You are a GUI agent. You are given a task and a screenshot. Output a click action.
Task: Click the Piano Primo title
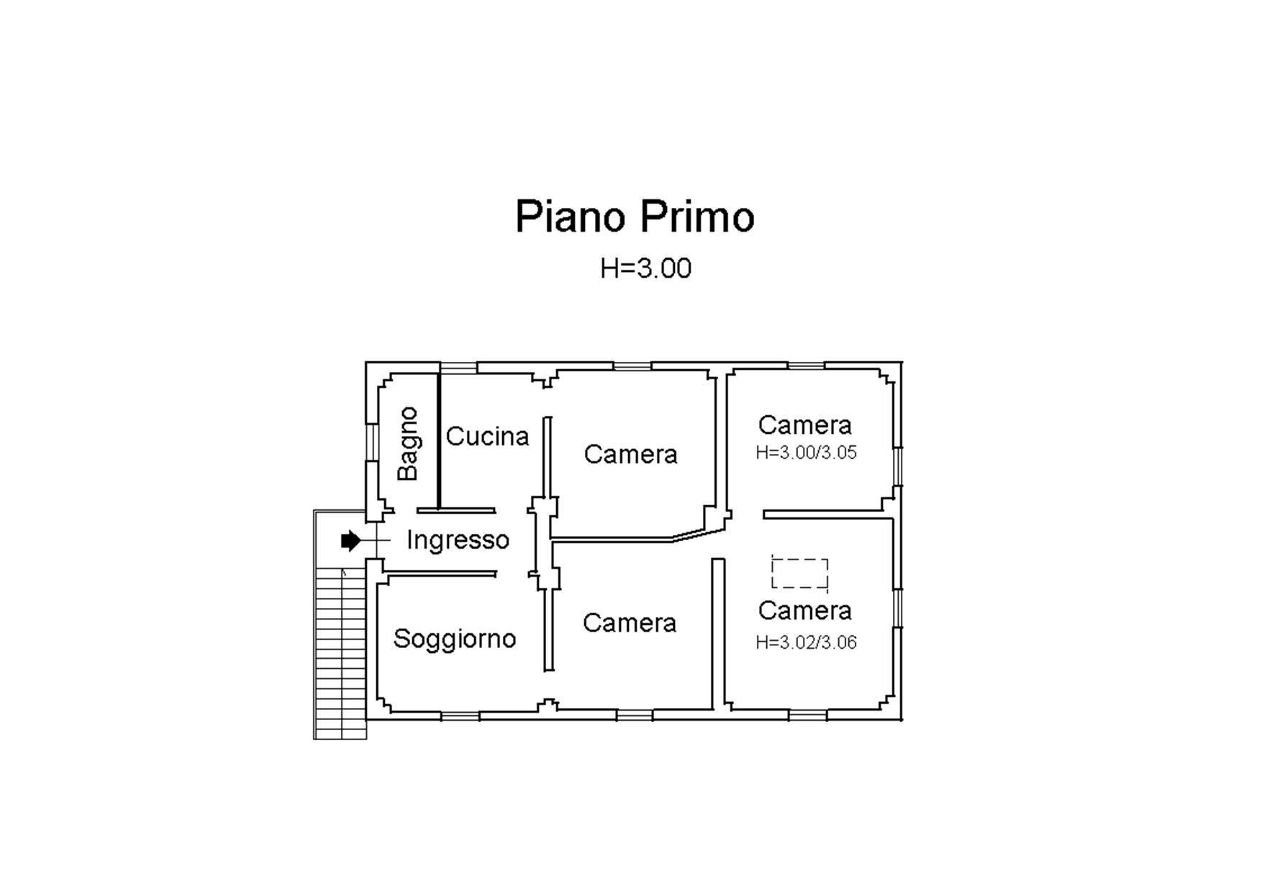coord(635,216)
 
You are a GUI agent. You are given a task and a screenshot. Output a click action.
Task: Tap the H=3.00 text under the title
coord(645,268)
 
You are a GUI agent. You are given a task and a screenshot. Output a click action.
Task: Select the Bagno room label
coord(408,443)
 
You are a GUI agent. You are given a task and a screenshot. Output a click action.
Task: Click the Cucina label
coord(487,436)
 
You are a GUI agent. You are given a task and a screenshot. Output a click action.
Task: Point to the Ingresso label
coord(458,540)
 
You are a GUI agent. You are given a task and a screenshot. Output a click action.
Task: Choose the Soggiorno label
coord(455,639)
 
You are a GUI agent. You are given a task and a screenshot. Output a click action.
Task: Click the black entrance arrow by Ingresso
coord(350,540)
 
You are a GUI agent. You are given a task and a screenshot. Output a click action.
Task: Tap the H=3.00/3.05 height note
coord(806,453)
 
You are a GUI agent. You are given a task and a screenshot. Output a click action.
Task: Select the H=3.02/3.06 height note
coord(806,642)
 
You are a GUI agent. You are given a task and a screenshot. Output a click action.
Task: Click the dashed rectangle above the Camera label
coord(799,573)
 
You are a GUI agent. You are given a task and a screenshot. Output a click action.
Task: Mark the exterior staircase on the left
coord(340,651)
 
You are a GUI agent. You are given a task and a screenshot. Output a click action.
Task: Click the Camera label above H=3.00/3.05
coord(804,425)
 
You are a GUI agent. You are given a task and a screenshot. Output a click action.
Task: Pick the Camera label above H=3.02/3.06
coord(804,611)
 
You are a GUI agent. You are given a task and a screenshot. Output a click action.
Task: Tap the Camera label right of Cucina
coord(630,454)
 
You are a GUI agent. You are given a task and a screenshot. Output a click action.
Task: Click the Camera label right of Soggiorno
coord(630,623)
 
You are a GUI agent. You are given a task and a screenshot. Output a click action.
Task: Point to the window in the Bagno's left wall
coord(372,442)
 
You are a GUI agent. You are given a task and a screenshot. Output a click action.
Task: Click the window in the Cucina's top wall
coord(458,368)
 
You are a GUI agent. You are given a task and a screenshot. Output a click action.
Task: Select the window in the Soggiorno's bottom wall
coord(460,715)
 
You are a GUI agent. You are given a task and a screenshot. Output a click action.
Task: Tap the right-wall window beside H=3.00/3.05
coord(897,467)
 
